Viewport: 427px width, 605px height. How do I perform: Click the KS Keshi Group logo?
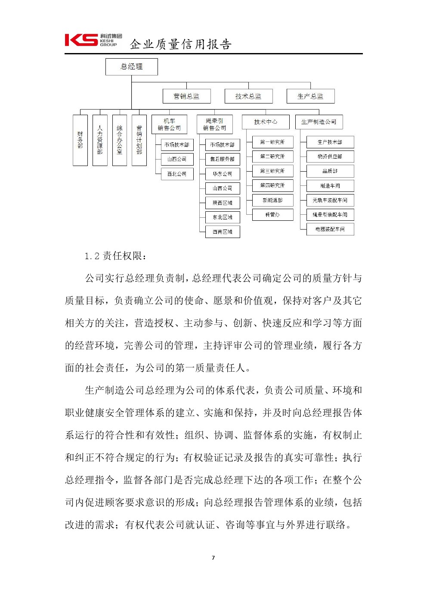pyautogui.click(x=93, y=40)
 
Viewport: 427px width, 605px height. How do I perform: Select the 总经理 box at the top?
pyautogui.click(x=132, y=67)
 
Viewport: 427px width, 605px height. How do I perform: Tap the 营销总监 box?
pyautogui.click(x=186, y=96)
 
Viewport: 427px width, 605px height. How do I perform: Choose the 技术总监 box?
pyautogui.click(x=248, y=96)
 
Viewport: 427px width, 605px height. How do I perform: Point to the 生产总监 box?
pyautogui.click(x=310, y=96)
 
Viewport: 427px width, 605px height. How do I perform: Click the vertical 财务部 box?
pyautogui.click(x=80, y=140)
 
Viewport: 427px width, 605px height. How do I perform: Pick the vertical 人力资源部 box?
pyautogui.click(x=100, y=140)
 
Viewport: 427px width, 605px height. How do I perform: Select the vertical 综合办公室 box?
pyautogui.click(x=120, y=140)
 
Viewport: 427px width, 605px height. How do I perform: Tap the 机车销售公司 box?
pyautogui.click(x=169, y=125)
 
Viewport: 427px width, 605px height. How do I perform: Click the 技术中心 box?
pyautogui.click(x=266, y=122)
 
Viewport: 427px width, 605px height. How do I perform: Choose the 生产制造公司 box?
pyautogui.click(x=319, y=122)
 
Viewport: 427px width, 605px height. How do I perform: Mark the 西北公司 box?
pyautogui.click(x=177, y=174)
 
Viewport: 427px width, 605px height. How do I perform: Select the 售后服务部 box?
pyautogui.click(x=222, y=159)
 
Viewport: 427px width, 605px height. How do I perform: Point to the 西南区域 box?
pyautogui.click(x=222, y=232)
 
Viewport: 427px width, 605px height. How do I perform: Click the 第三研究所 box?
pyautogui.click(x=272, y=171)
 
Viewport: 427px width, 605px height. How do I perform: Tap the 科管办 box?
pyautogui.click(x=272, y=214)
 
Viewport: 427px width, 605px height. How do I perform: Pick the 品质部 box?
pyautogui.click(x=330, y=171)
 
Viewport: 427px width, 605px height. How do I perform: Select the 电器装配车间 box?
pyautogui.click(x=330, y=229)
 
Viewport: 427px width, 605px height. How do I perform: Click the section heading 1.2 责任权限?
pyautogui.click(x=115, y=256)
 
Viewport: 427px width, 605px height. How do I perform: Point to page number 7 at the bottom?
pyautogui.click(x=213, y=558)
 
